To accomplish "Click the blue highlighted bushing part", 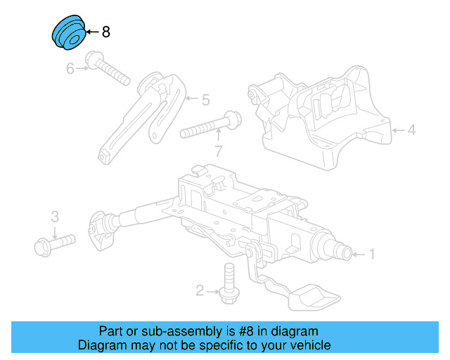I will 68,33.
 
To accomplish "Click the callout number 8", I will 106,32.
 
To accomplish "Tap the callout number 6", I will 70,68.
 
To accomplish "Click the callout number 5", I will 205,101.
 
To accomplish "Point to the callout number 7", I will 219,150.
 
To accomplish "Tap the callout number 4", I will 412,129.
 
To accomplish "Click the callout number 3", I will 54,216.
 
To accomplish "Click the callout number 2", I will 200,289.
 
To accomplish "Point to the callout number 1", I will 372,254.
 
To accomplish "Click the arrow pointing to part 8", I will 92,32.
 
